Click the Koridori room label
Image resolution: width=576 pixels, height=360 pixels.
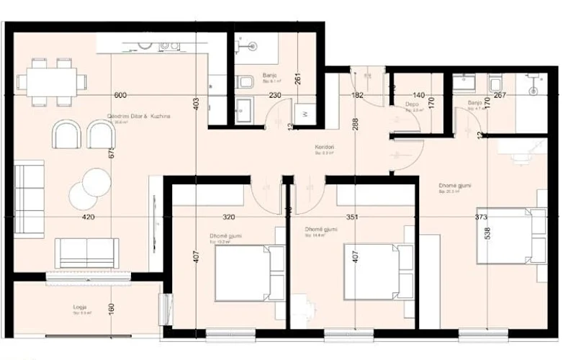click(x=323, y=146)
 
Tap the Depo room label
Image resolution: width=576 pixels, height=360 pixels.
click(x=412, y=103)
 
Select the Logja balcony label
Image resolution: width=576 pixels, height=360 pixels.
click(x=80, y=306)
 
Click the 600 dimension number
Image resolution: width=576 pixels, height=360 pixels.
click(x=120, y=95)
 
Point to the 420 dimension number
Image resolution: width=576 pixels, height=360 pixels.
click(x=88, y=216)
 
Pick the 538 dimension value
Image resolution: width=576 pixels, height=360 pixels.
click(x=487, y=234)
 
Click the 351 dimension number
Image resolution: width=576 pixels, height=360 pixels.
click(x=351, y=216)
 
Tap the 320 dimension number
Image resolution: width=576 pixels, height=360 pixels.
click(x=228, y=216)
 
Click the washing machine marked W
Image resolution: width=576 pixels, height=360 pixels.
click(x=305, y=113)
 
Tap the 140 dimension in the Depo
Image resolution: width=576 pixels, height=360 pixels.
click(x=418, y=95)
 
